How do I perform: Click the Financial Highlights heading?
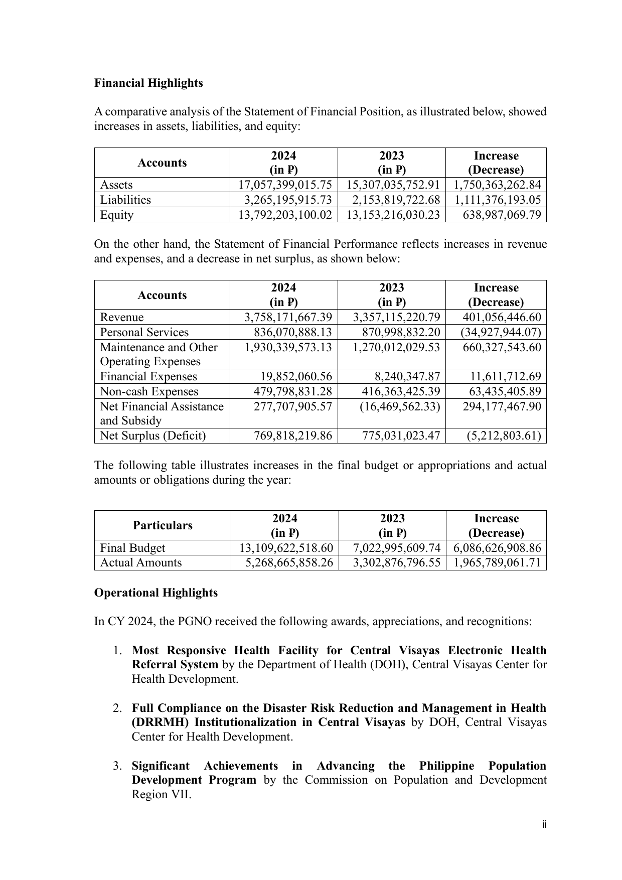click(148, 83)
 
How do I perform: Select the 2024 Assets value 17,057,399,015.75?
click(284, 185)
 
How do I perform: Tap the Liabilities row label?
click(125, 200)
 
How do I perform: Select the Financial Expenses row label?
click(148, 376)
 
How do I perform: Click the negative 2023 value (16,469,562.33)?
click(400, 406)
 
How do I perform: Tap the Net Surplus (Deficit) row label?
click(153, 435)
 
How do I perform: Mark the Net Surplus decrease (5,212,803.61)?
click(504, 435)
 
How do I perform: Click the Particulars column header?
click(163, 525)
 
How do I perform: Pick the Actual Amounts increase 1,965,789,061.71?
click(497, 562)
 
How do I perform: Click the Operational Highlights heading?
click(156, 593)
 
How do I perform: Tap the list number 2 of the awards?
click(117, 708)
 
